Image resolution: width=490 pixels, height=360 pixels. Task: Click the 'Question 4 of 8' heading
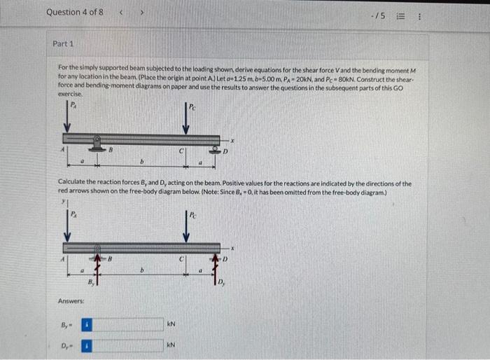75,12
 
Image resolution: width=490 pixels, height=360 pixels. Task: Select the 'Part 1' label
63,43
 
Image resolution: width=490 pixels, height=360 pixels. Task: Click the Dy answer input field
127,345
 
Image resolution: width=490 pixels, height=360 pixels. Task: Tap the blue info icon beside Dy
87,345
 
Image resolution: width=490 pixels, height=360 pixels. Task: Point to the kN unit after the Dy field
171,345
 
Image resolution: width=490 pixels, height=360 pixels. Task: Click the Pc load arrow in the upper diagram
185,119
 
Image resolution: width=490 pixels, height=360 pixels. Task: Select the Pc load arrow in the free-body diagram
185,228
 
